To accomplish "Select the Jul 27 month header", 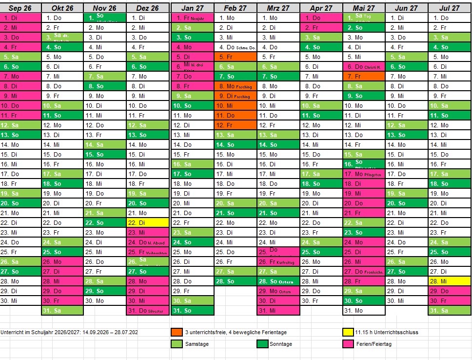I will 449,8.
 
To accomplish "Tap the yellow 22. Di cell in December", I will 148,222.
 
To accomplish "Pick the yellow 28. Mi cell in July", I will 449,281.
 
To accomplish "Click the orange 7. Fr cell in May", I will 363,77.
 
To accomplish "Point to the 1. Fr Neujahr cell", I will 192,18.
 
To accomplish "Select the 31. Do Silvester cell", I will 148,311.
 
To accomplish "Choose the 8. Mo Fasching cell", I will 235,86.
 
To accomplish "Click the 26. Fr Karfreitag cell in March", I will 278,262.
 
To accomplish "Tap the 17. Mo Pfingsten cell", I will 363,174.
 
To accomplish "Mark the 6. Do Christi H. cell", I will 363,67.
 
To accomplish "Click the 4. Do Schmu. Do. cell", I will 235,47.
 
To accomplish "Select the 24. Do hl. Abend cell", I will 148,242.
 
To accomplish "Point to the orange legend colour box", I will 177,332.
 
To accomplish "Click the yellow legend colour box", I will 348,332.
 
